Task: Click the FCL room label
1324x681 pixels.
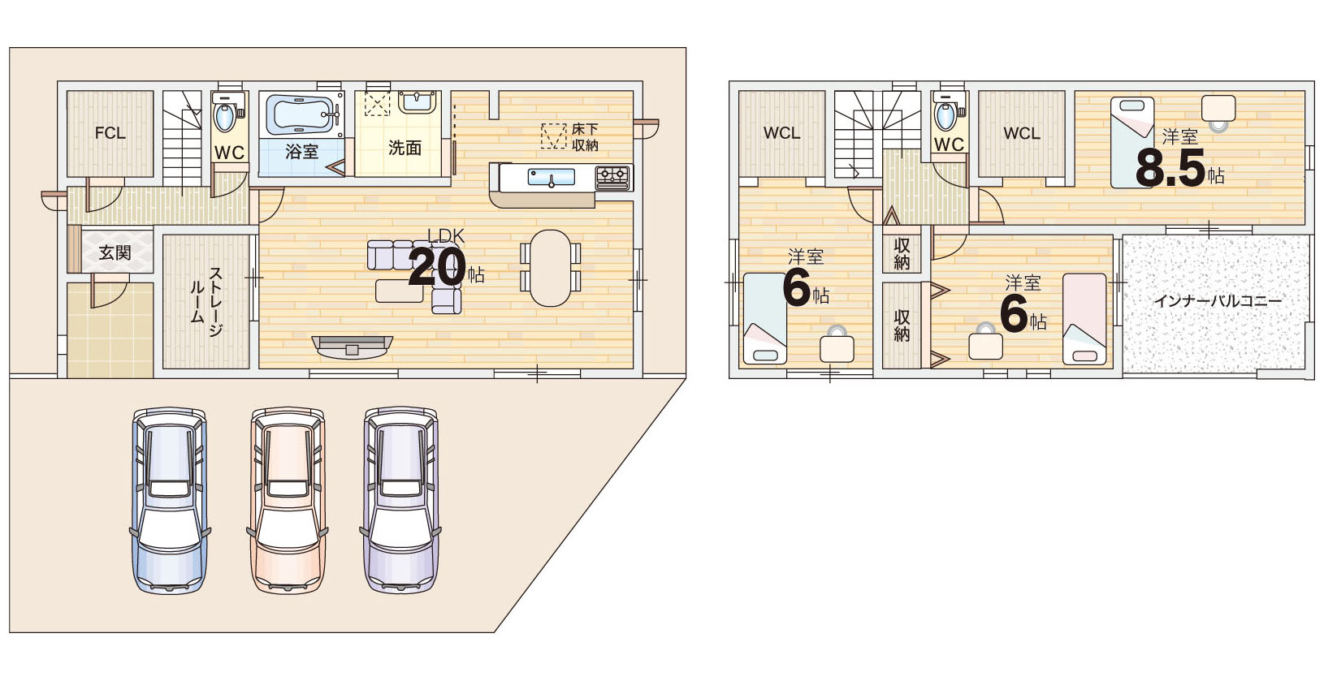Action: click(110, 133)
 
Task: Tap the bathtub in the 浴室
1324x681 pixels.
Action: click(301, 116)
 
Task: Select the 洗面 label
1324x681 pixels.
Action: click(405, 148)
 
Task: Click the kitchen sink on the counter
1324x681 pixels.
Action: click(551, 177)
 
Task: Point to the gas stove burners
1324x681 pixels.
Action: click(612, 177)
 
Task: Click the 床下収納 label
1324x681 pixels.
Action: click(585, 137)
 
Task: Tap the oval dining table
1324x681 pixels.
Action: click(550, 268)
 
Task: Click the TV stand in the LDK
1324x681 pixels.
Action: click(353, 347)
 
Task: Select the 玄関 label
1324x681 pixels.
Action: click(115, 252)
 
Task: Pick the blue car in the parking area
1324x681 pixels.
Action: click(170, 500)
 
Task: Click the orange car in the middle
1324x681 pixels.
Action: click(288, 500)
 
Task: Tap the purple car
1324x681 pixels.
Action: click(400, 500)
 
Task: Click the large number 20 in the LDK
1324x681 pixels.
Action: click(437, 268)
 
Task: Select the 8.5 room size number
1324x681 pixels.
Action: click(1170, 168)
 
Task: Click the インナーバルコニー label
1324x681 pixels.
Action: click(1218, 301)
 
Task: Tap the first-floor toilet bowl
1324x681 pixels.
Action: click(224, 116)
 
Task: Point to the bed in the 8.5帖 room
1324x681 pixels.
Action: click(1132, 142)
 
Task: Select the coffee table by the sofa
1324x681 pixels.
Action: click(400, 291)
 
